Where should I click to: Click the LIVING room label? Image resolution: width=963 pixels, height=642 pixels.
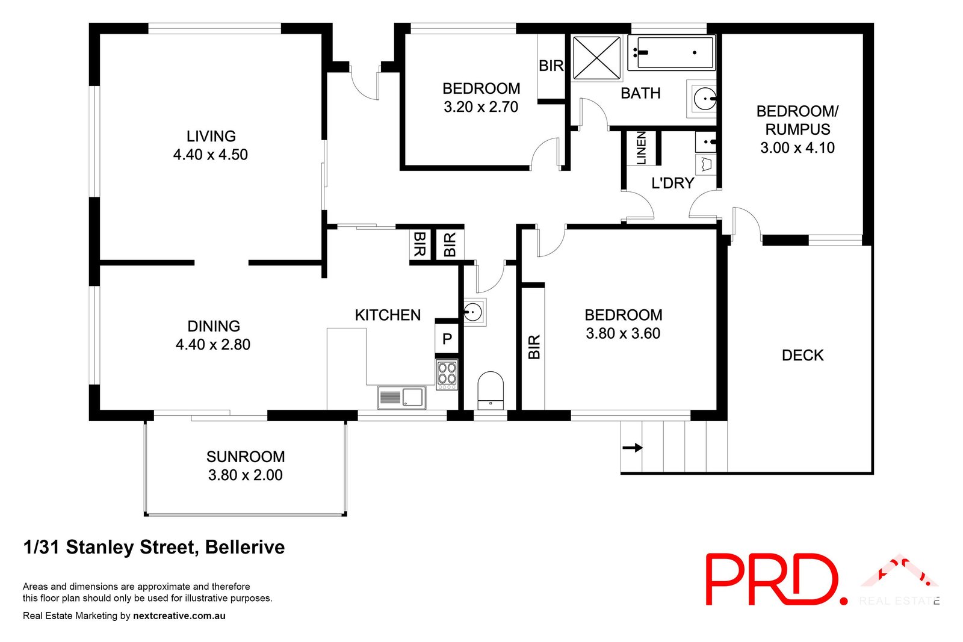[211, 137]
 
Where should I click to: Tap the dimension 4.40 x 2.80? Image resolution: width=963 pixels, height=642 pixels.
[213, 345]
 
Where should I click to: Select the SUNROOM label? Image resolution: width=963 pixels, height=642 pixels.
[246, 457]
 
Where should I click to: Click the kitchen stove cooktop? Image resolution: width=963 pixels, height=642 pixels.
[447, 373]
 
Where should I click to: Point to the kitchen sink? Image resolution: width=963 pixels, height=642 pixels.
[402, 397]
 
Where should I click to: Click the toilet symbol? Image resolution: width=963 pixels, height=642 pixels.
[490, 390]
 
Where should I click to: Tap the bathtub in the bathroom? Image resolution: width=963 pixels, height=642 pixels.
[671, 52]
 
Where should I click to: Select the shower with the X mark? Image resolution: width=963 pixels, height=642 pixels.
[596, 58]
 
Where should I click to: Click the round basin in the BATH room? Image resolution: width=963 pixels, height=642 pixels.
[704, 98]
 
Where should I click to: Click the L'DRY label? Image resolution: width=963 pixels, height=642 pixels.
[673, 183]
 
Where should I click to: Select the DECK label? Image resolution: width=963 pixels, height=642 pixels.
[802, 356]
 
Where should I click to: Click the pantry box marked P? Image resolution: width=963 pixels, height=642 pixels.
[447, 339]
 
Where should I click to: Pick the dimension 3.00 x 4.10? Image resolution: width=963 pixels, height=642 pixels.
[797, 148]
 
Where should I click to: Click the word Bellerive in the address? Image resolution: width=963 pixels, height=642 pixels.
[245, 548]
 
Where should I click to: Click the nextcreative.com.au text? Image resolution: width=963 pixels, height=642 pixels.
[179, 616]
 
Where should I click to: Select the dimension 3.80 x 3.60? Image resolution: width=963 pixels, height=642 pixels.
[623, 333]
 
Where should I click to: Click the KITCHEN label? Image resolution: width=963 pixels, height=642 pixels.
[388, 315]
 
